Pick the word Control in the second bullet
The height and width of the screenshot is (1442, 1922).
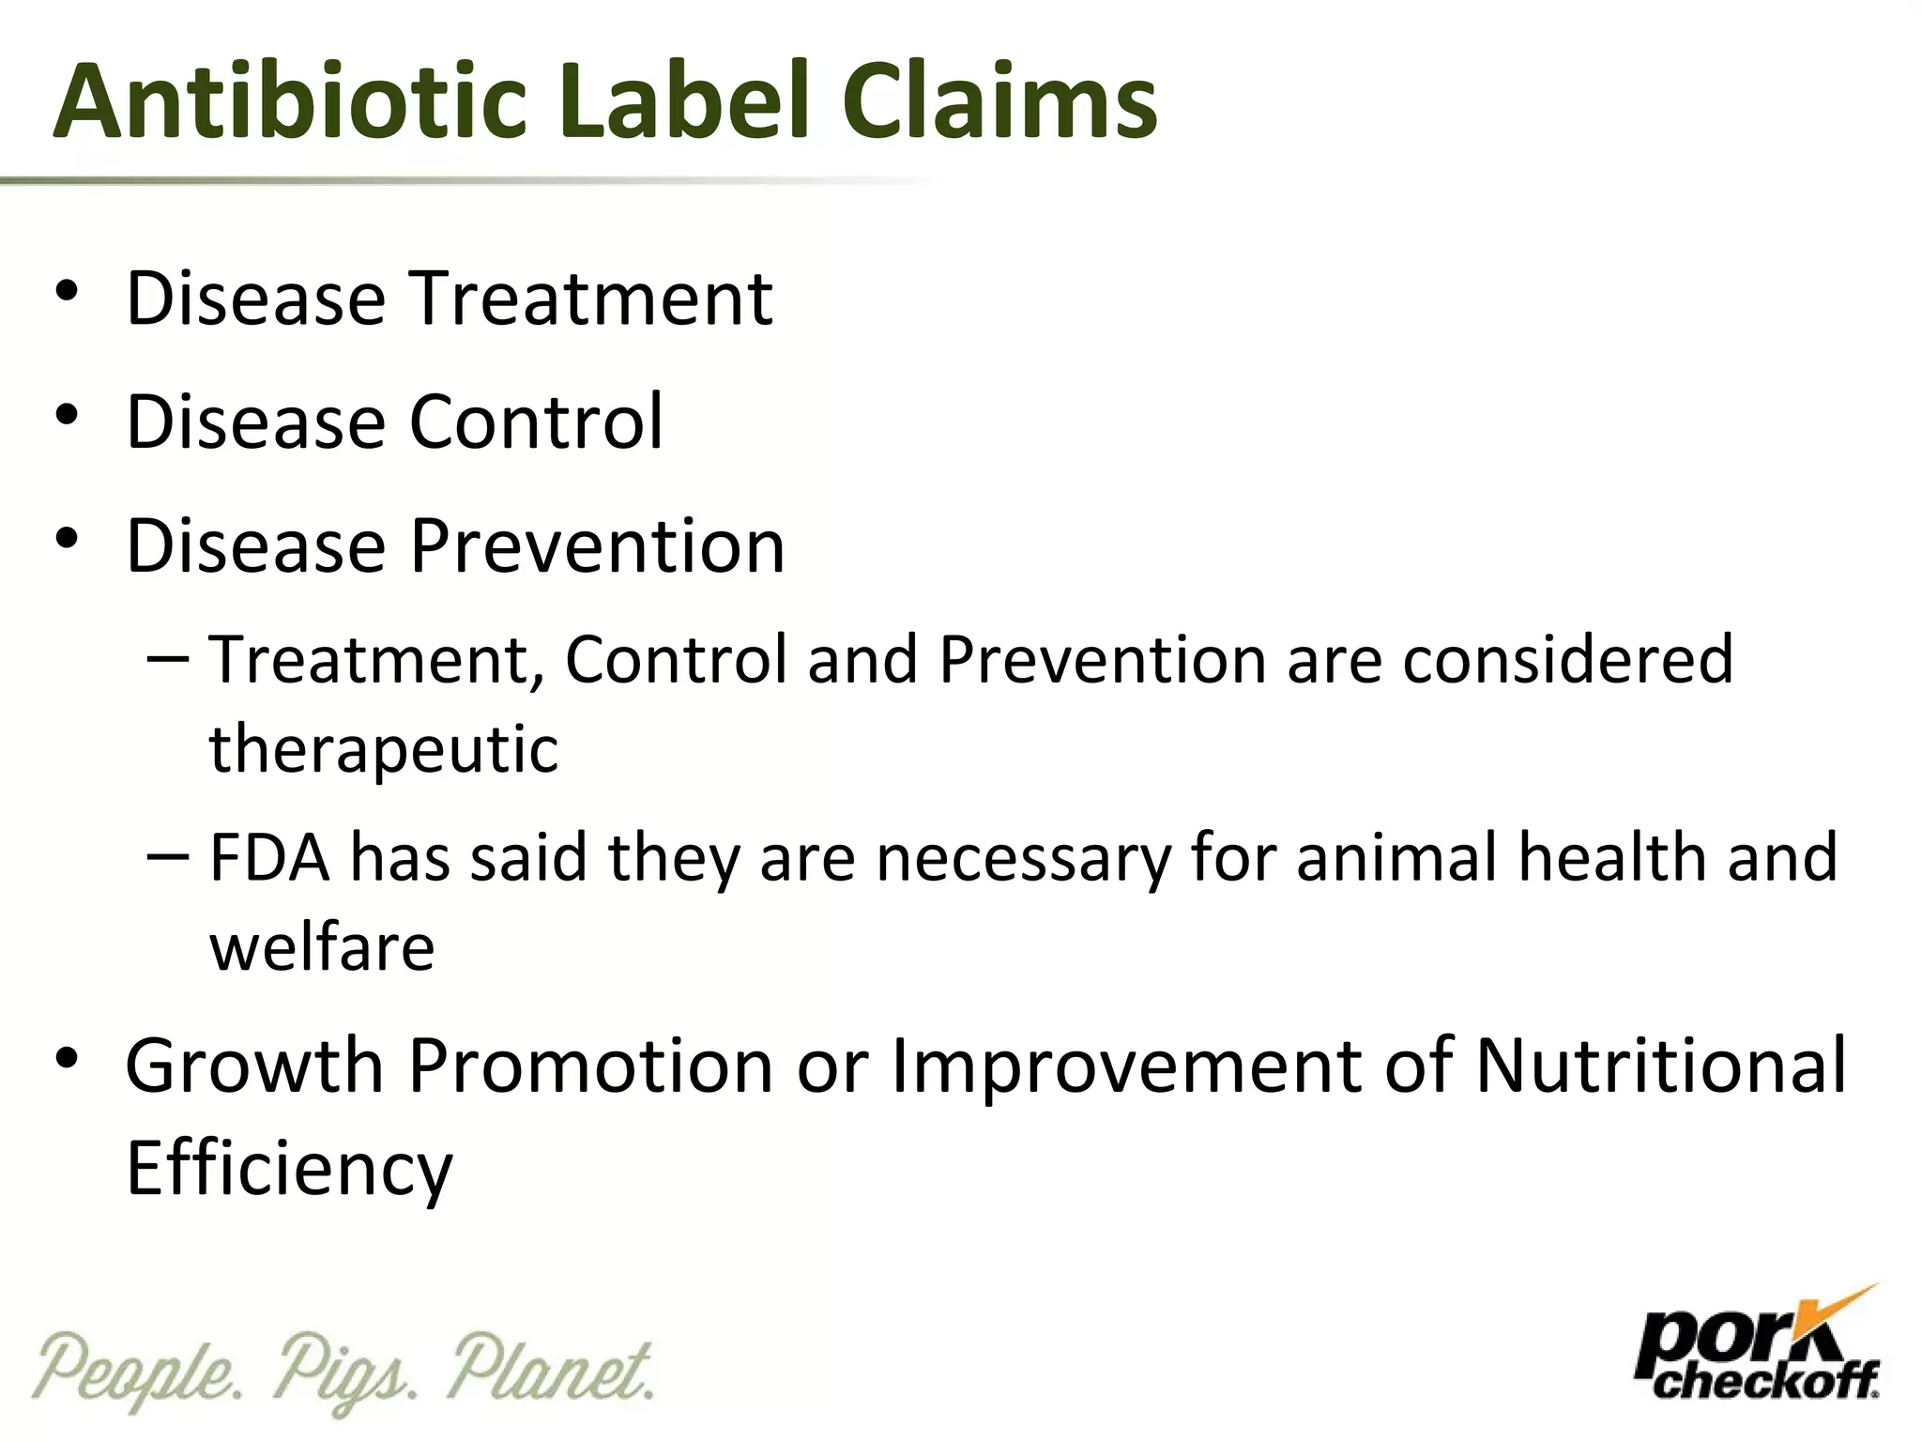tap(536, 422)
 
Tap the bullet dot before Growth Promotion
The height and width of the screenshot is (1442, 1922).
tap(67, 1059)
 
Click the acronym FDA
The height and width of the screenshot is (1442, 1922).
tap(269, 857)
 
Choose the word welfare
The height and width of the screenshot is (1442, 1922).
tap(322, 947)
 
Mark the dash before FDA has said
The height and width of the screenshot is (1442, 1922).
tap(168, 855)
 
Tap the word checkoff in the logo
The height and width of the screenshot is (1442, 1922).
tap(1764, 1381)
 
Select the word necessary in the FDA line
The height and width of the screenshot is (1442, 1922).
tap(1023, 857)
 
